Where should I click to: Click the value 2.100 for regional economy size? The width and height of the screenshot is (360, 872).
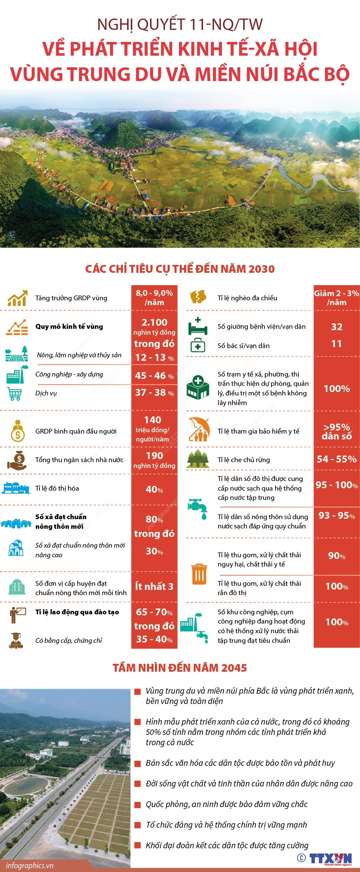154,322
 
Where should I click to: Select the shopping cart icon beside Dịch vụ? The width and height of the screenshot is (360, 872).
14,394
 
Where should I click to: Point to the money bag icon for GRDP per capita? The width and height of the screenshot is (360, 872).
18,431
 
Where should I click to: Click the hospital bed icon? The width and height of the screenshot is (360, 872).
198,327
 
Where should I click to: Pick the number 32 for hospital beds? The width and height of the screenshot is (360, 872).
337,327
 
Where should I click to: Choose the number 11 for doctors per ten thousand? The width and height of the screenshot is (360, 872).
337,344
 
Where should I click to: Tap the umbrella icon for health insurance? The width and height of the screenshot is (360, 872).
199,429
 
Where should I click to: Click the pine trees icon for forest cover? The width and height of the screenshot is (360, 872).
198,459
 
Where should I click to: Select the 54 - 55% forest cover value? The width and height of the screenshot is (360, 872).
337,459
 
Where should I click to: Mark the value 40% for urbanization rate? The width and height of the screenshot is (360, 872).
154,489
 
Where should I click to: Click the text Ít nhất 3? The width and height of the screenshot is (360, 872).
154,586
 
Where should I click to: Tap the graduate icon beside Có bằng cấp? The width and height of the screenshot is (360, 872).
16,640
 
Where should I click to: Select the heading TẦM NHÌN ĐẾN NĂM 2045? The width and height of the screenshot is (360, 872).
180,668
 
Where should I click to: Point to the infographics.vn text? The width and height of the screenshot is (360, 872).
30,865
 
